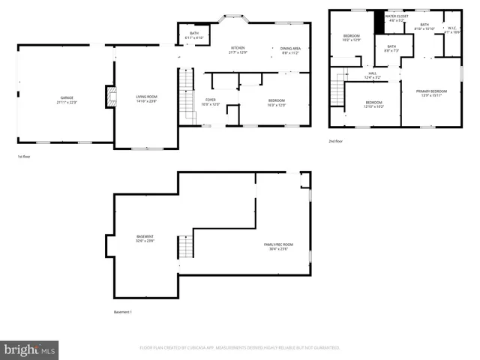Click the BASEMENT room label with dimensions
click(145, 238)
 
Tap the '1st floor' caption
click(25, 156)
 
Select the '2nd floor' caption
click(336, 141)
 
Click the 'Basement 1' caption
click(122, 311)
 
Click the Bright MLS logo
click(29, 350)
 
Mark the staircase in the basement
click(184, 246)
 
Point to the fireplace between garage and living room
click(110, 97)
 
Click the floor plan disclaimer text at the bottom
click(240, 348)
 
